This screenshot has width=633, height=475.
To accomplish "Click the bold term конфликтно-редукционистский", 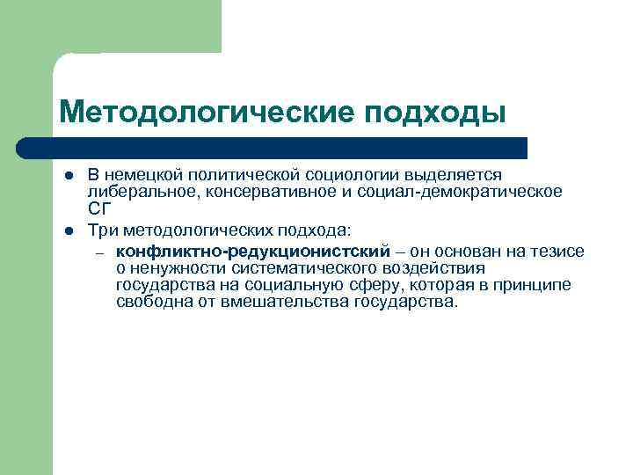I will [252, 252].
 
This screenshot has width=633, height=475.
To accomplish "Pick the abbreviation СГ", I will [97, 208].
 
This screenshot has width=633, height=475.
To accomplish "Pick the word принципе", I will [535, 285].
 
